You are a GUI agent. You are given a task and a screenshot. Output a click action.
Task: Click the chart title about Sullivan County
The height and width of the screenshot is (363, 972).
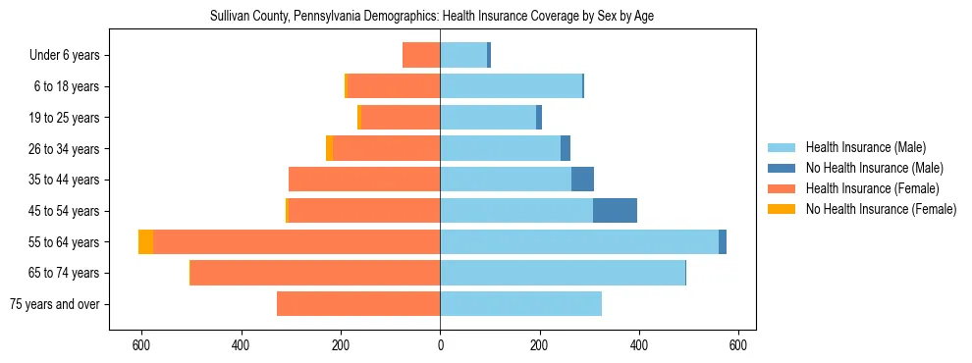pos(432,17)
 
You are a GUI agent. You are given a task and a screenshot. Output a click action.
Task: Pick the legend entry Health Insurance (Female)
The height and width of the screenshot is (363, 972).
pos(864,188)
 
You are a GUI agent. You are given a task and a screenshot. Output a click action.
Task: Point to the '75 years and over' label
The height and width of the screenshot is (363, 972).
pos(54,304)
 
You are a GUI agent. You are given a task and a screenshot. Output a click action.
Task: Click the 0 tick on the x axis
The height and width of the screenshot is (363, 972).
pos(440,345)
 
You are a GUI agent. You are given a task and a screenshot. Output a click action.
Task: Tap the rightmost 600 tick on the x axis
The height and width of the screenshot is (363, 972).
pos(738,345)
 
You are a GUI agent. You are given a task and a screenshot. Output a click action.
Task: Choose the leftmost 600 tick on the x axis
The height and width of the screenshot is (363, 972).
pos(141,345)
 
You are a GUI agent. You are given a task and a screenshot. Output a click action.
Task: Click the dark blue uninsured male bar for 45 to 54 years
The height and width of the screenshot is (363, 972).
pos(615,211)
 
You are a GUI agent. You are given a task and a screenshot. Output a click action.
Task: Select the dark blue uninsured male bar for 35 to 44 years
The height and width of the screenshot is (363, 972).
pos(582,180)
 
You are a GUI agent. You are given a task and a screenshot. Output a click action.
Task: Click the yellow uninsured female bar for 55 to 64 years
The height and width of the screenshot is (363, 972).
pos(145,242)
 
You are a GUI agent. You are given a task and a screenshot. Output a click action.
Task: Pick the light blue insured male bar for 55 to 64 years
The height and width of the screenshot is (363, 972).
pos(579,242)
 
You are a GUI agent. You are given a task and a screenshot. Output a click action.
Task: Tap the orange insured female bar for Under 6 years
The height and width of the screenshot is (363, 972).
pos(421,56)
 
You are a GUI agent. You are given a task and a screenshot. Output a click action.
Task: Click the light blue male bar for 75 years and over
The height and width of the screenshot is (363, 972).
pos(520,304)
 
